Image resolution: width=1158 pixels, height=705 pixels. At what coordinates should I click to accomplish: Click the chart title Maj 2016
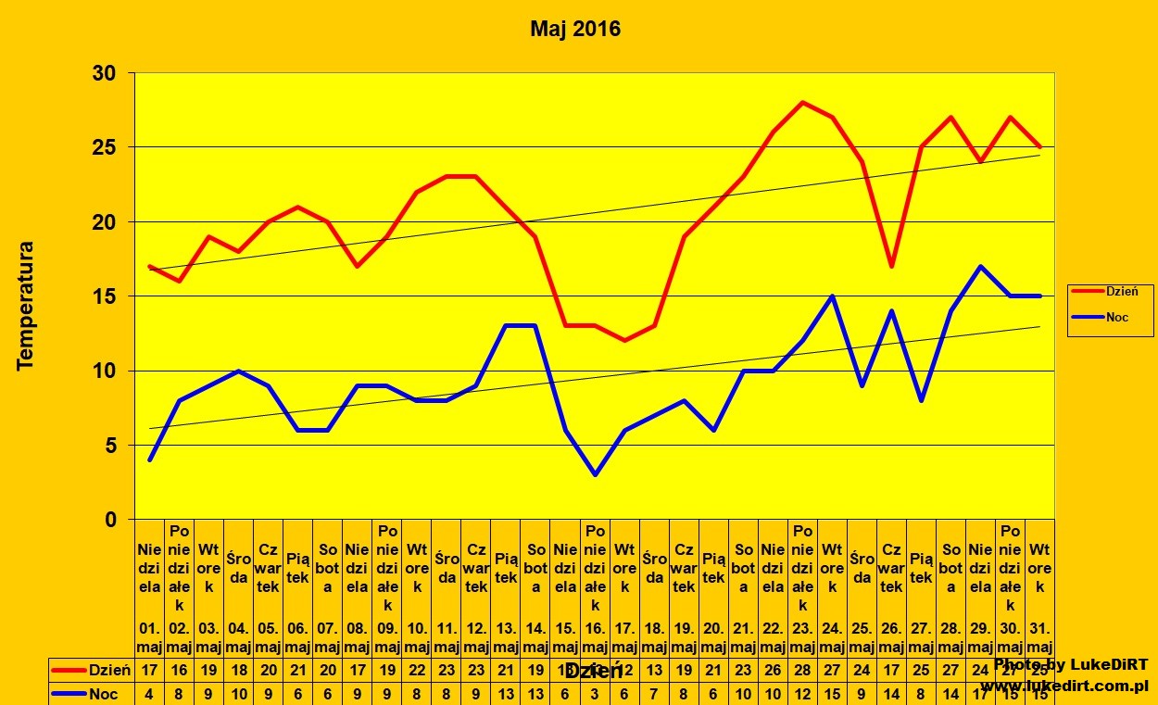point(575,30)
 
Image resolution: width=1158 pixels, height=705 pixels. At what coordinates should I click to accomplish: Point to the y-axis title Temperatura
point(26,306)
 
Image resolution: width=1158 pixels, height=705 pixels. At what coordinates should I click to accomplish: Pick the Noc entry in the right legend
point(1116,317)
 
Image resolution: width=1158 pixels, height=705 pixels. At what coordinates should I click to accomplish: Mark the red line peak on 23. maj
point(802,102)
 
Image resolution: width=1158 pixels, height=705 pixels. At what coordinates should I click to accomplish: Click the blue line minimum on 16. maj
point(595,474)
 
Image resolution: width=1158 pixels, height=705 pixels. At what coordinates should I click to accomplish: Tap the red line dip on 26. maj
point(891,266)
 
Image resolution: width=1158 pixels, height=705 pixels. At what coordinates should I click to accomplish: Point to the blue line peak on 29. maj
point(980,267)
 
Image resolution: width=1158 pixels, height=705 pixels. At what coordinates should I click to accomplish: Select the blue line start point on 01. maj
point(150,460)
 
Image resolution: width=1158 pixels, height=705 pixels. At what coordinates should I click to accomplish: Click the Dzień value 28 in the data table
point(802,670)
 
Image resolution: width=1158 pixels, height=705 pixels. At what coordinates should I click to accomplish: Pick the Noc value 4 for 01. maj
point(150,694)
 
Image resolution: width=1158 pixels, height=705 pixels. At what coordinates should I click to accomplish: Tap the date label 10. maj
point(417,638)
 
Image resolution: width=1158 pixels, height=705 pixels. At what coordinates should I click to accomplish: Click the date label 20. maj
point(713,638)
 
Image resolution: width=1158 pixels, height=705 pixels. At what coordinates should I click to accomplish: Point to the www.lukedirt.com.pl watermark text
point(1064,686)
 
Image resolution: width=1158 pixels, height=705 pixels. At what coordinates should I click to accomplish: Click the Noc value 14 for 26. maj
point(891,694)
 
